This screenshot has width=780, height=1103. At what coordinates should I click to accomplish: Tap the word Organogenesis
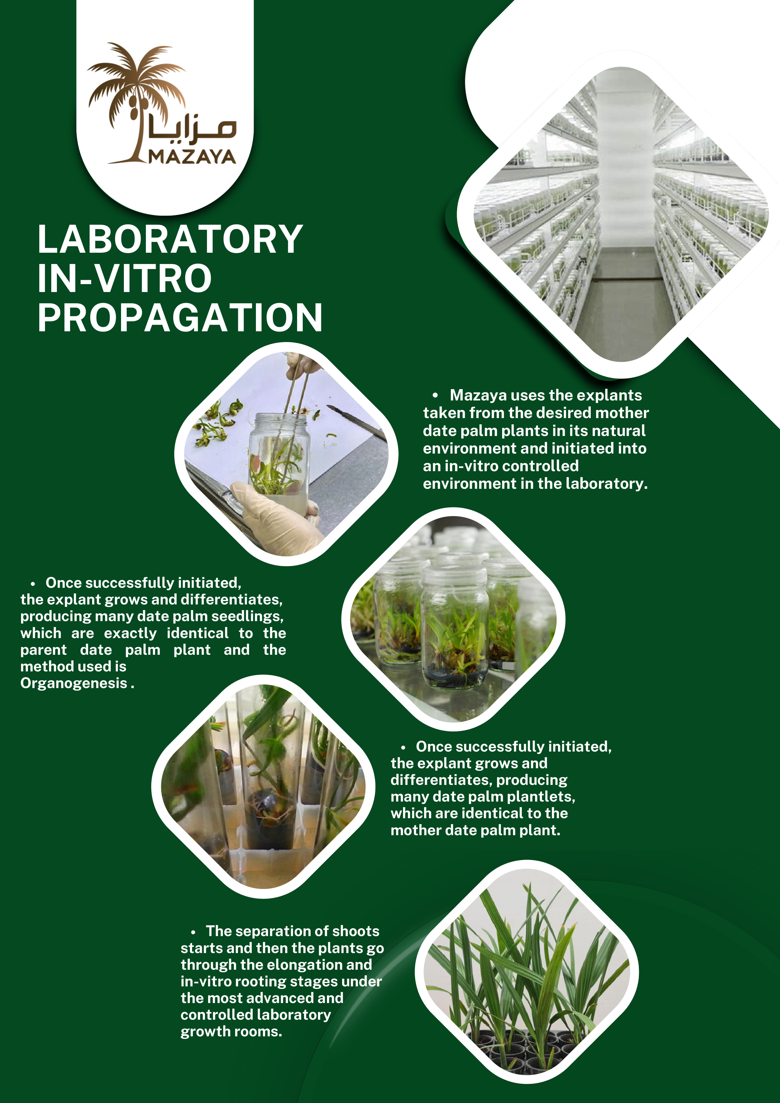(x=74, y=683)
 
